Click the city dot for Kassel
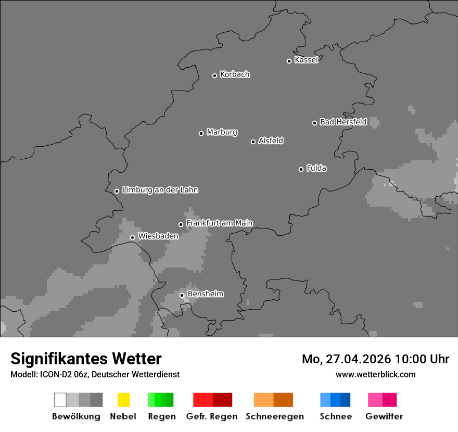(x=289, y=61)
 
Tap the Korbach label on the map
(x=235, y=74)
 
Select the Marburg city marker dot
(x=201, y=133)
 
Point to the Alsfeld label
(x=271, y=141)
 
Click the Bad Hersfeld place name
(x=343, y=122)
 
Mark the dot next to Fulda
(x=301, y=169)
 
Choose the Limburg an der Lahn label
(x=160, y=190)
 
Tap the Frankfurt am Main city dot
(x=181, y=224)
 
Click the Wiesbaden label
(x=158, y=236)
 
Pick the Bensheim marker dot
(x=182, y=295)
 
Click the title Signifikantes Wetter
(x=86, y=359)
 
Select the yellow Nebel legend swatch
(x=123, y=400)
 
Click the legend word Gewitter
(x=384, y=416)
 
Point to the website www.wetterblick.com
(x=375, y=374)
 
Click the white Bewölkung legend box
(x=60, y=400)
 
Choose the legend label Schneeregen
(x=275, y=416)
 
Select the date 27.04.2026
(x=359, y=359)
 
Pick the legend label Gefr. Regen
(x=212, y=416)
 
